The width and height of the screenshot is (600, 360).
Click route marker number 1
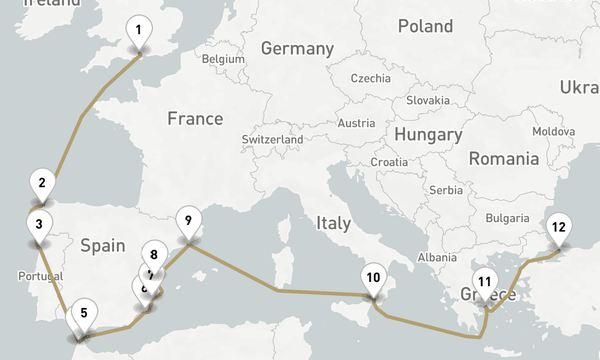click(x=139, y=29)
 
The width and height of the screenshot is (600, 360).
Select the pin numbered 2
click(x=42, y=183)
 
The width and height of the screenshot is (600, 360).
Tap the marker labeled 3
click(x=39, y=225)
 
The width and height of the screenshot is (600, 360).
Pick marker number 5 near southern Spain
click(x=84, y=312)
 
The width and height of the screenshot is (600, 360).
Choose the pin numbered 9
click(x=188, y=220)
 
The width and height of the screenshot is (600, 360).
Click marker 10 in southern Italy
click(x=373, y=277)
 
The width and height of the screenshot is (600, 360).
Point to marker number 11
click(x=485, y=281)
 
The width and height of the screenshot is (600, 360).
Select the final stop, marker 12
click(x=559, y=227)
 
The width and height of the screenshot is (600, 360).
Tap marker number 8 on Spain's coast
click(x=154, y=254)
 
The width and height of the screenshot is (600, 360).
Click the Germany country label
click(x=297, y=49)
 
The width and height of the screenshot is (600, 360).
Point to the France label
click(x=195, y=119)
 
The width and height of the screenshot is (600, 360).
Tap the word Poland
click(x=425, y=26)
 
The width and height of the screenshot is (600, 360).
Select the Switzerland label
click(x=272, y=139)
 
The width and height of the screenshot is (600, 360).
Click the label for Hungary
click(x=428, y=134)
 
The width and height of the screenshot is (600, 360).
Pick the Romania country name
click(x=503, y=159)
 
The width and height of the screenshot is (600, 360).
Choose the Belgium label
click(x=223, y=59)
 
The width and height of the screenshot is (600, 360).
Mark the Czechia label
click(x=370, y=78)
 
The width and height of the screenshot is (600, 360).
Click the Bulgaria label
click(x=508, y=218)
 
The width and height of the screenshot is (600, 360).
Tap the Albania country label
click(x=437, y=257)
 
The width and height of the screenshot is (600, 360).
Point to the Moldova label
click(x=553, y=131)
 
